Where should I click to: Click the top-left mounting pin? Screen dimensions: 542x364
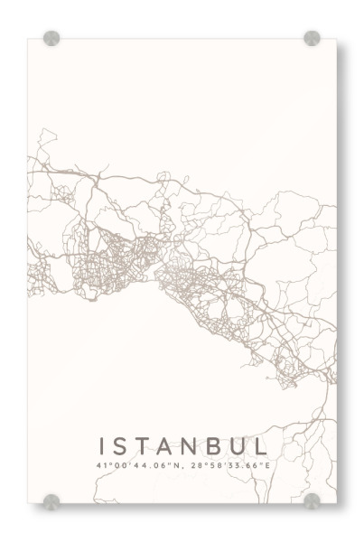tap(51, 39)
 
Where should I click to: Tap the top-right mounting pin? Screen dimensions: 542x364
tap(312, 39)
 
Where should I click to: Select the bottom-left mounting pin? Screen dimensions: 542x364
tap(51, 500)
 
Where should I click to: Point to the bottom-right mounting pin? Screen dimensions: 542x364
tap(312, 500)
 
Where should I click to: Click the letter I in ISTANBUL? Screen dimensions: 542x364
tap(103, 446)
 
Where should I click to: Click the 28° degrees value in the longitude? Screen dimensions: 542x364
tap(188, 465)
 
